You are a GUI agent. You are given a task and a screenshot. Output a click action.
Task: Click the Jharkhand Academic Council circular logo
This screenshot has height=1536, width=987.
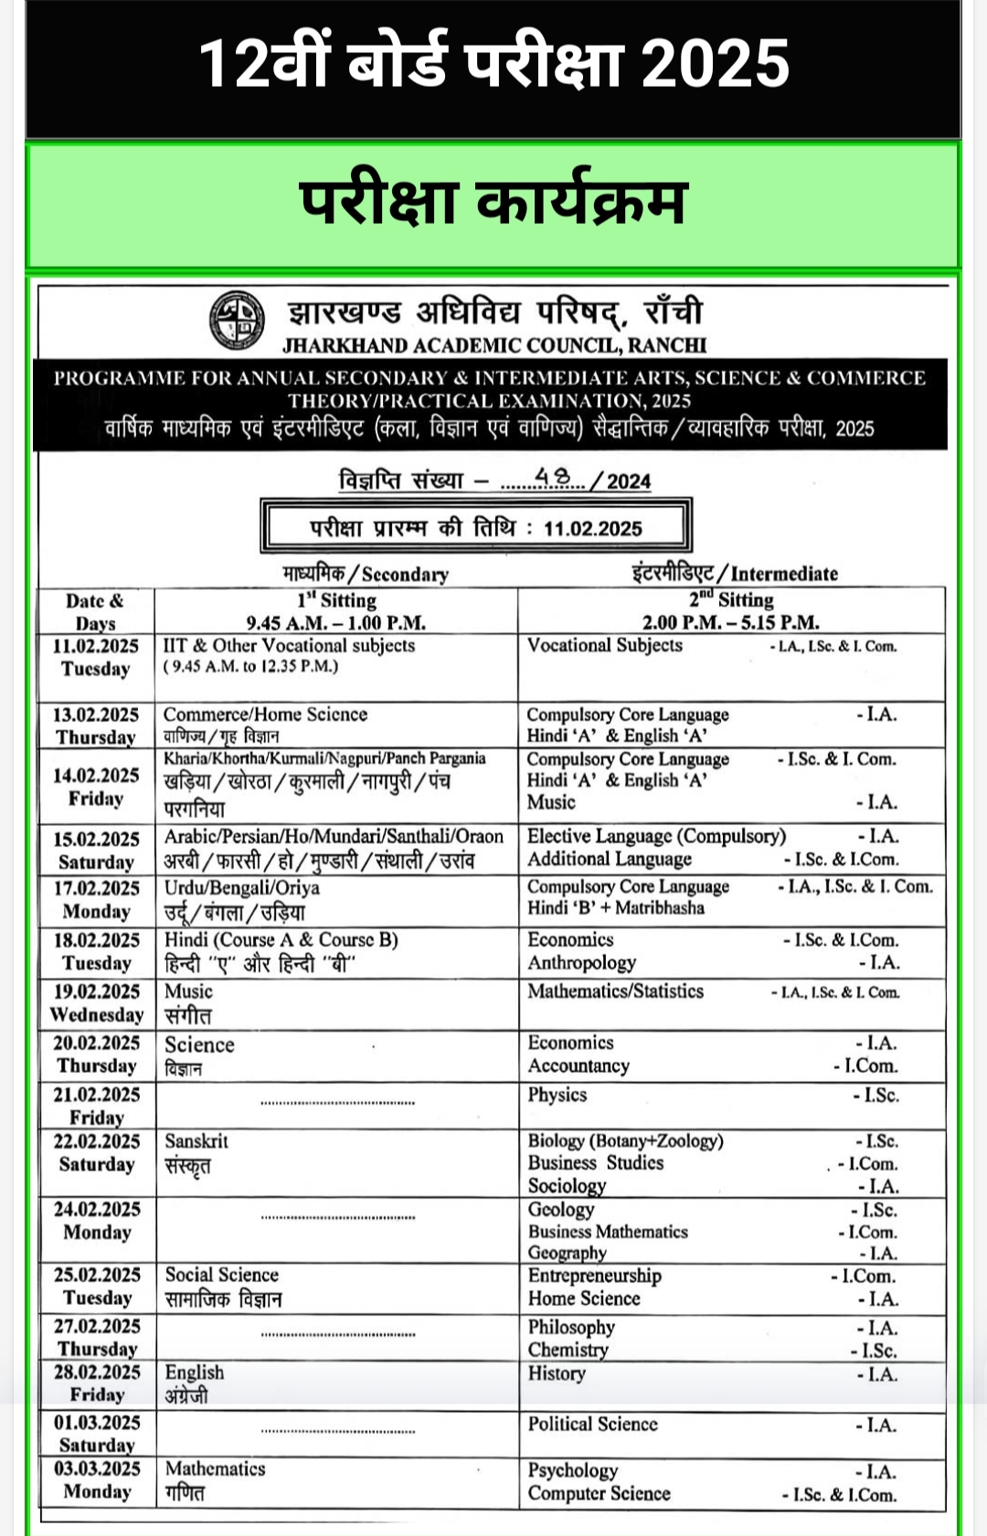pos(237,320)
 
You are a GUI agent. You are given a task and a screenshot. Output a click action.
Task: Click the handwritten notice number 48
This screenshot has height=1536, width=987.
pos(552,477)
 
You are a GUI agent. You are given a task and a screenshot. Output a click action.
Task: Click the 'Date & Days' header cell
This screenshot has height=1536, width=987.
pos(95,611)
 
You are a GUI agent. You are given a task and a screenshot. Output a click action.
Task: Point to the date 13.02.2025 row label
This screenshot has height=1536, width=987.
pos(95,715)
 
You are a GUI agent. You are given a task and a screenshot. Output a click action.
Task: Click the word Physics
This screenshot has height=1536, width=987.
pos(557,1095)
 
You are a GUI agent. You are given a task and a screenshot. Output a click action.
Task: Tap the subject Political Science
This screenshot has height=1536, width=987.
pos(592,1424)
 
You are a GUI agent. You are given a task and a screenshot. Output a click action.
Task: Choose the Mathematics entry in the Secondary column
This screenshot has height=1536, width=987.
pos(215,1468)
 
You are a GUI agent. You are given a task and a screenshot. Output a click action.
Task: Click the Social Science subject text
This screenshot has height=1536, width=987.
pos(221,1275)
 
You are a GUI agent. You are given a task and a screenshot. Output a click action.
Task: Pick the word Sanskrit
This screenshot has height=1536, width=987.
pos(196,1141)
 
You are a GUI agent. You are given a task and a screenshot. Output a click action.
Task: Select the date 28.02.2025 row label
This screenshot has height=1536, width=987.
pos(96,1372)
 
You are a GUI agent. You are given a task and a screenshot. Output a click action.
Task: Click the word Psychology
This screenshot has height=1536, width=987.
pos(572,1470)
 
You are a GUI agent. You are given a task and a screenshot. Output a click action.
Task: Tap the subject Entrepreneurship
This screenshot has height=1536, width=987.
pos(594,1276)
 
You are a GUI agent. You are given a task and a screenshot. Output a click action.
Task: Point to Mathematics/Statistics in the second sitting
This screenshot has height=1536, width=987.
pos(615,991)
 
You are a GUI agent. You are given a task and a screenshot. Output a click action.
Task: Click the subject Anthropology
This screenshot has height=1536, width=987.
pos(581,963)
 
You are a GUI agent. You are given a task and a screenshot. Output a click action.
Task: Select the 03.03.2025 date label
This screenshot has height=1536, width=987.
pos(96,1468)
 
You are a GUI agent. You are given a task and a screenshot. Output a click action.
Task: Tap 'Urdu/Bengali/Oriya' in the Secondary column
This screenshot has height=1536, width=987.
pos(241,888)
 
